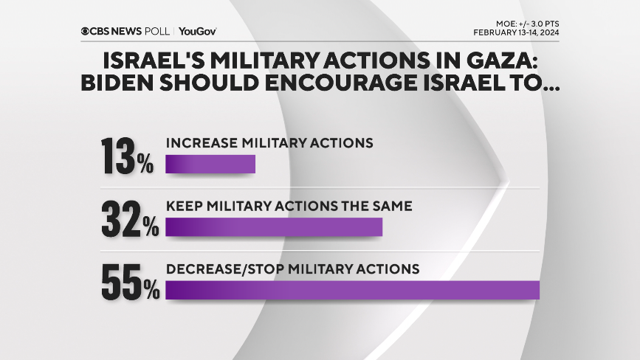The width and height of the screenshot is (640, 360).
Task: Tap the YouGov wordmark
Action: [x=197, y=31]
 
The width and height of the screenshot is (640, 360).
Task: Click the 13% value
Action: [x=127, y=154]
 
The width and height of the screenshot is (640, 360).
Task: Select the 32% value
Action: [x=130, y=218]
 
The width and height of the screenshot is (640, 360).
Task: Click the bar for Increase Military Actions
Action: [x=210, y=164]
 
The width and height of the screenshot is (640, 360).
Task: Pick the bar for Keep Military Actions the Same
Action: [x=274, y=226]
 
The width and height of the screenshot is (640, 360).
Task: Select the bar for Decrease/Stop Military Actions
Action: [x=353, y=289]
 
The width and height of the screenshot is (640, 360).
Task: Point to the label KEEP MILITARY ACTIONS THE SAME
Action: [x=289, y=206]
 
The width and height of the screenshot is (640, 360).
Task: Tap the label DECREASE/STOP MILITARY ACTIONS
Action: [x=293, y=269]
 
